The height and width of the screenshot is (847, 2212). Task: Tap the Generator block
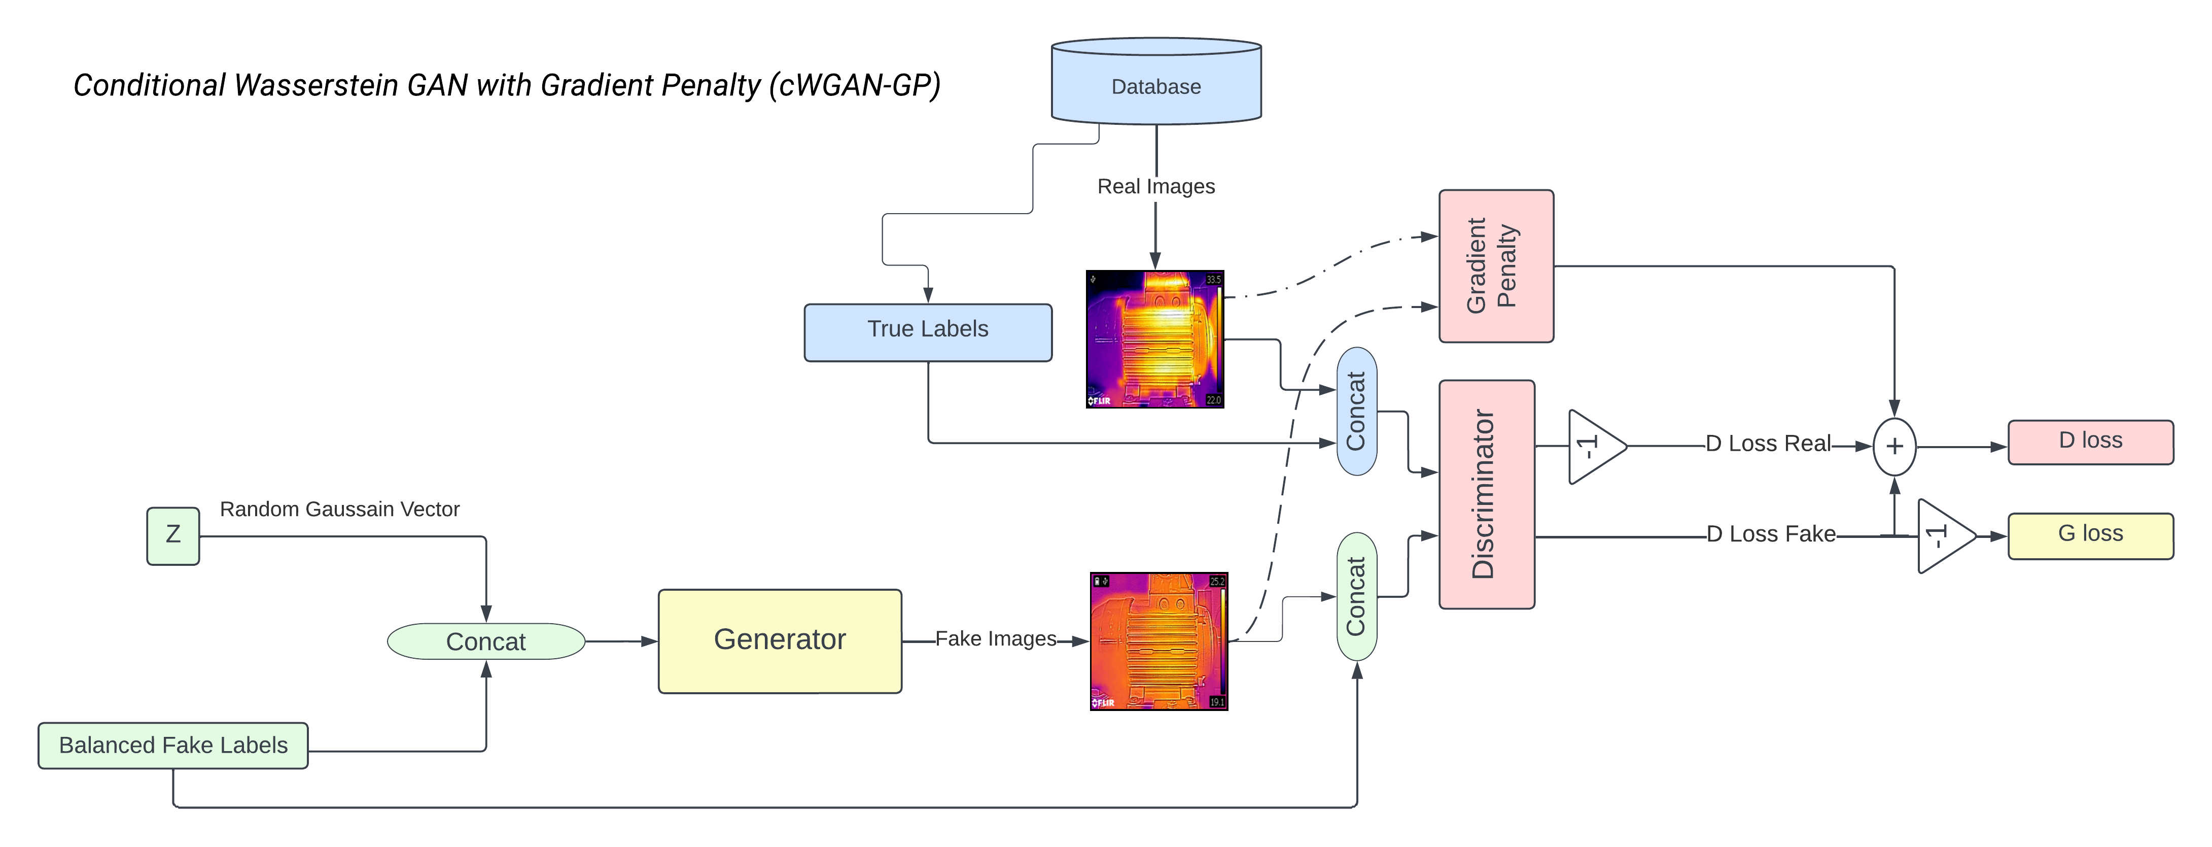click(780, 641)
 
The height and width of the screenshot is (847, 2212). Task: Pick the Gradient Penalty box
click(1496, 266)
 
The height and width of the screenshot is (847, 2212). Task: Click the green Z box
click(172, 536)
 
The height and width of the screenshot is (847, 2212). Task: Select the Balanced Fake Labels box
click(172, 746)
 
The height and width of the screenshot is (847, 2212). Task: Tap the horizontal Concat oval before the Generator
click(486, 641)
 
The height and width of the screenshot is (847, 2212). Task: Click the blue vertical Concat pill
click(1357, 412)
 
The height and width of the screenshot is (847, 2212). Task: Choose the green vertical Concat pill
click(1357, 596)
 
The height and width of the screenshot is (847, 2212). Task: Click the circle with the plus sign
click(1894, 447)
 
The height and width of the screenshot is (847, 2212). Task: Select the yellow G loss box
click(2090, 536)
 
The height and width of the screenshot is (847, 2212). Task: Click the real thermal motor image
click(1155, 340)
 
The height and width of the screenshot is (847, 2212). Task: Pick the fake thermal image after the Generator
click(1158, 641)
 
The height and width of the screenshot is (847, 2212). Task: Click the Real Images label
click(1156, 186)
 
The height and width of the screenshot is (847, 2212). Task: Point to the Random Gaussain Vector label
click(339, 510)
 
